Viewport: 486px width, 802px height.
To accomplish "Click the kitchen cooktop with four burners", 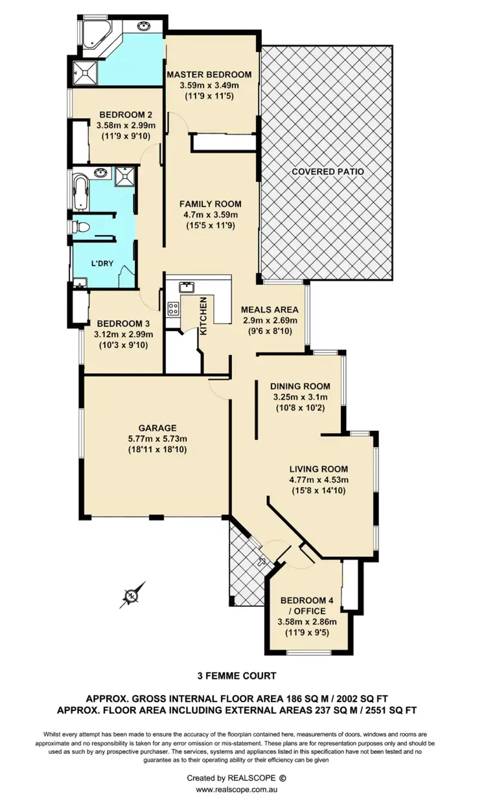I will (x=174, y=308).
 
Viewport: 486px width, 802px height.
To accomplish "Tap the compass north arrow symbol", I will (x=132, y=594).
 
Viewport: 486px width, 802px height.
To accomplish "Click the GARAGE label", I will (x=157, y=428).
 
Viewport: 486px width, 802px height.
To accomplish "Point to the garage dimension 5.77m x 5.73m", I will (x=157, y=439).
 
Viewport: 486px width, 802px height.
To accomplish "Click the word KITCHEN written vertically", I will (x=203, y=316).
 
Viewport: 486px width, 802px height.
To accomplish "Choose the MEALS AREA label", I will (x=270, y=310).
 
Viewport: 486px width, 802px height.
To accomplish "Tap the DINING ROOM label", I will (x=301, y=386).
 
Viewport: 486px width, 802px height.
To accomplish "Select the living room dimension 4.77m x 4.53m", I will (x=319, y=480).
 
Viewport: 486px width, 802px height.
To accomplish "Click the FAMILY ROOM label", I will (x=209, y=204).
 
